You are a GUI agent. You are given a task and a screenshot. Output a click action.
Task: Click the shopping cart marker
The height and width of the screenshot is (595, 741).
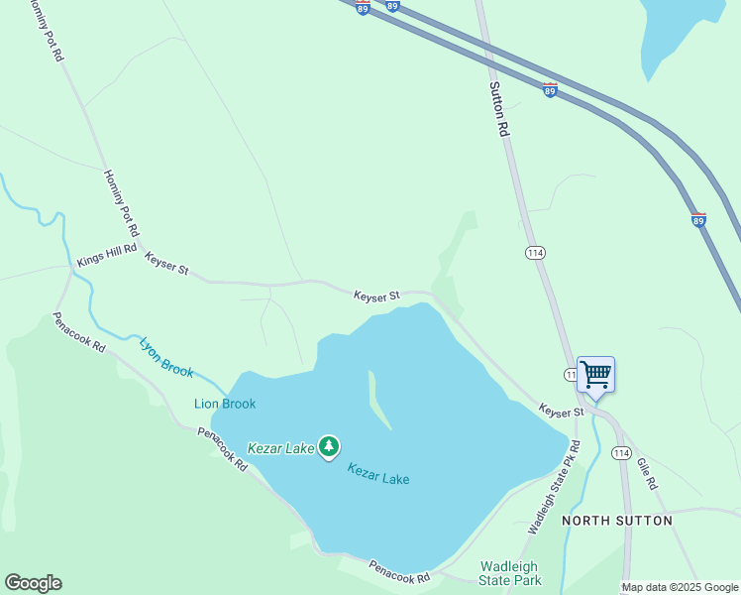(x=595, y=376)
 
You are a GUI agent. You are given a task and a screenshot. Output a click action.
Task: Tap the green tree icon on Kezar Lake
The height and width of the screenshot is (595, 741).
(x=329, y=447)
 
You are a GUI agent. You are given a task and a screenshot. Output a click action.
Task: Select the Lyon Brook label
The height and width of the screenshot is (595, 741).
(x=166, y=357)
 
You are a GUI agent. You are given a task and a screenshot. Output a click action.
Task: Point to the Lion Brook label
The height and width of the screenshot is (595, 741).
(x=225, y=404)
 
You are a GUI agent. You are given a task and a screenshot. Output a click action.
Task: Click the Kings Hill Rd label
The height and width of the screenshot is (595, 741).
(x=106, y=257)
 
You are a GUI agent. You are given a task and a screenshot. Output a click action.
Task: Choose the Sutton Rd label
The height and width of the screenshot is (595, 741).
(x=499, y=108)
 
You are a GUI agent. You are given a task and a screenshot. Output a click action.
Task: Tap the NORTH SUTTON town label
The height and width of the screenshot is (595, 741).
(x=617, y=521)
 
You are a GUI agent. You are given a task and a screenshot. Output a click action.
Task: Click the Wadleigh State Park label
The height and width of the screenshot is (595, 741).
(x=510, y=573)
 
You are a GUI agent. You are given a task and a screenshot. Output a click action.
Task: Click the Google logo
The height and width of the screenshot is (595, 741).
(x=33, y=583)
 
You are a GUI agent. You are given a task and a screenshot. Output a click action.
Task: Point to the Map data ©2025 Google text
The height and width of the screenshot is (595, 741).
(x=680, y=587)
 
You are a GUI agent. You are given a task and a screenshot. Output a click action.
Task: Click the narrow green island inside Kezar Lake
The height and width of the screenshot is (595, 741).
(x=379, y=403)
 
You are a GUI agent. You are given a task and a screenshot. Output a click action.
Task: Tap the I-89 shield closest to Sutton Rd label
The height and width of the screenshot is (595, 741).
(x=550, y=90)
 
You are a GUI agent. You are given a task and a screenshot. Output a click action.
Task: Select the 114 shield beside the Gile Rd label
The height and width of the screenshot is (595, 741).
(x=620, y=453)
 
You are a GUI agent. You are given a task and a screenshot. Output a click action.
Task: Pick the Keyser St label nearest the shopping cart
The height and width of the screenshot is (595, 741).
(x=561, y=411)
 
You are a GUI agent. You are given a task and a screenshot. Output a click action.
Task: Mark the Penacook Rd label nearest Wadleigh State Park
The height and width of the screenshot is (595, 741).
(x=399, y=571)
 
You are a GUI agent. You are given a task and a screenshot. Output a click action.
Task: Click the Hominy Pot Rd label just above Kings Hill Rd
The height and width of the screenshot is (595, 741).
(x=120, y=201)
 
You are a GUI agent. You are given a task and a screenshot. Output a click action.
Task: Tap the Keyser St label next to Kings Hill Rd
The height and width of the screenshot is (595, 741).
(x=165, y=263)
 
